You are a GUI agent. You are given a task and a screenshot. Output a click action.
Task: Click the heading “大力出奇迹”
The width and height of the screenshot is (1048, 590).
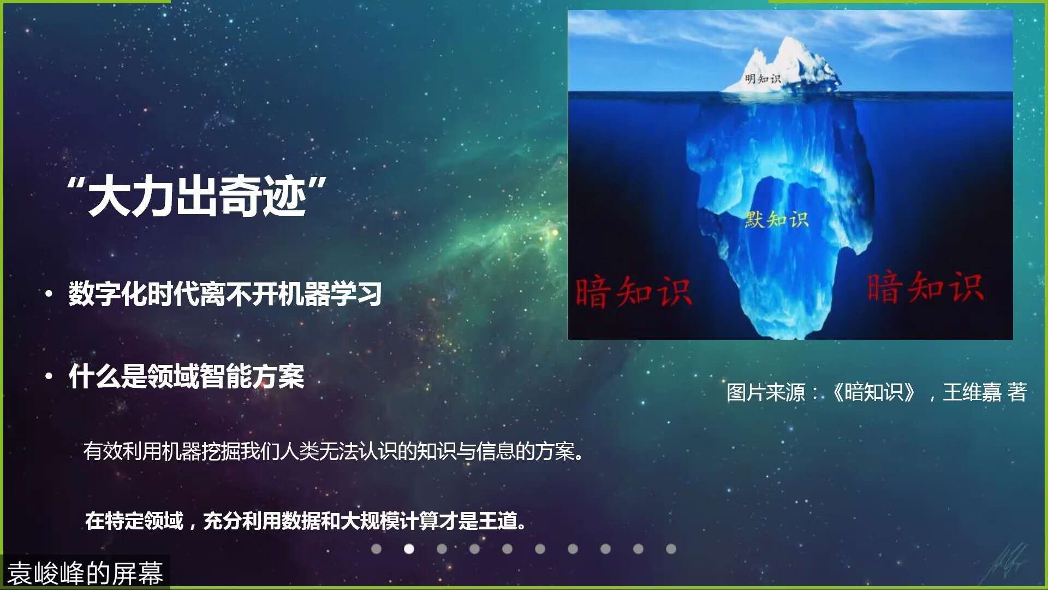click(197, 196)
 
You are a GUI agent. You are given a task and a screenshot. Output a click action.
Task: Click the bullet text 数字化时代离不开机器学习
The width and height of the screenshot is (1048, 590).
click(225, 294)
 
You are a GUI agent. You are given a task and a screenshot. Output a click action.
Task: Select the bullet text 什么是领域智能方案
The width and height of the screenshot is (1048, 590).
click(186, 376)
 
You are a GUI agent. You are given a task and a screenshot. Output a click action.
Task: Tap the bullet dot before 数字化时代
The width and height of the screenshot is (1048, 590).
click(49, 294)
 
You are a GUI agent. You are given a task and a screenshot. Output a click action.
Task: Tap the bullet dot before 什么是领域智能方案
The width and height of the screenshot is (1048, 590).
click(49, 376)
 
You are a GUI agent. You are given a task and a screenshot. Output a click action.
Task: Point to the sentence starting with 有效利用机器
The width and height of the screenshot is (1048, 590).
click(334, 451)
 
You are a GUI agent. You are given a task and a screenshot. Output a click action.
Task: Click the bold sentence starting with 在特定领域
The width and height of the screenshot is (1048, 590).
click(306, 521)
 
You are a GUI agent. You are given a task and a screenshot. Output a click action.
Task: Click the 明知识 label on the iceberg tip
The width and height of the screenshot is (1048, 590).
click(763, 79)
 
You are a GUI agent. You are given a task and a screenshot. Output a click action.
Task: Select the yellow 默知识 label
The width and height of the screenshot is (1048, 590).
click(777, 220)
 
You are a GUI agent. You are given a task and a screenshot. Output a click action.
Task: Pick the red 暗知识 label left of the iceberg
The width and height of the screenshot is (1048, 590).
click(634, 292)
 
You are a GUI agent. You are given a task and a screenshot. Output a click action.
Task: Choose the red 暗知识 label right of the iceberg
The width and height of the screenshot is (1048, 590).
click(926, 287)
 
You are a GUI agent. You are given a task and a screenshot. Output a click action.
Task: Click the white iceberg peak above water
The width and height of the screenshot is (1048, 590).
click(786, 66)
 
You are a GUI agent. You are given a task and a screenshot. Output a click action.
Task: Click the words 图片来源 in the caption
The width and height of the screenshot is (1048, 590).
click(766, 392)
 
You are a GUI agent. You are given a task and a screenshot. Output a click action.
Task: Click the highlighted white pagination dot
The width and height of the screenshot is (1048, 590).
click(409, 548)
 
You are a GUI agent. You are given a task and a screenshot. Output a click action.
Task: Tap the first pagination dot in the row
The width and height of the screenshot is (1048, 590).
click(376, 548)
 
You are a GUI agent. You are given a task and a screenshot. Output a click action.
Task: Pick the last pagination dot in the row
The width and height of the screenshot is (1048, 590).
click(671, 548)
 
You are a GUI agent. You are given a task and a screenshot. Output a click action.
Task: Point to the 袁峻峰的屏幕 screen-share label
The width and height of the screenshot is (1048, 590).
click(85, 573)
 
